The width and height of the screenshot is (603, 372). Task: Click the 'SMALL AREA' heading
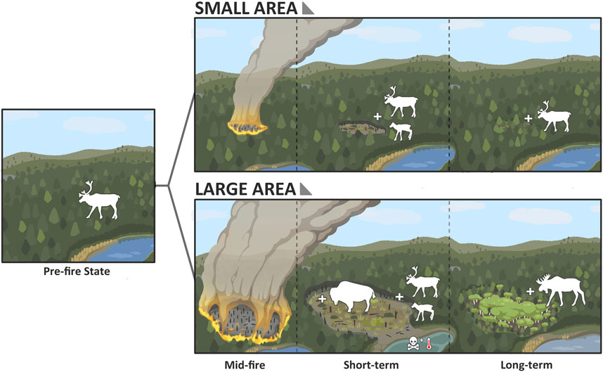click(x=239, y=9)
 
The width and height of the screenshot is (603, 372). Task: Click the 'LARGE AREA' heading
click(x=240, y=190)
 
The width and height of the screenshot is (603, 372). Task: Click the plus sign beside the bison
click(x=322, y=300)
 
